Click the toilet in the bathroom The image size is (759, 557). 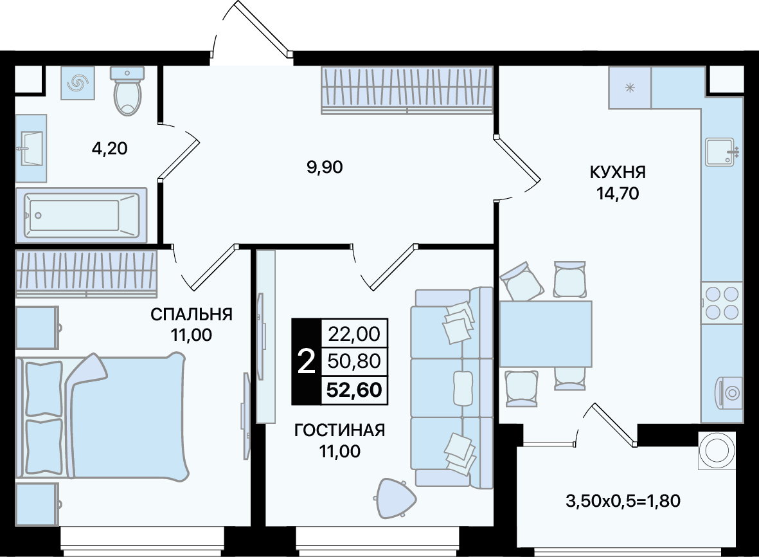pos(128,91)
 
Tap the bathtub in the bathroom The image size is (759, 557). pos(81,215)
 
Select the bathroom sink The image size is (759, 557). pos(31,148)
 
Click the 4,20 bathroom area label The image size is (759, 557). pos(109,148)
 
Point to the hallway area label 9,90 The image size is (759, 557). pos(325,167)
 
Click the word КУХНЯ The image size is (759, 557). pos(618,172)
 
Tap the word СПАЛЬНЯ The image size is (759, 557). pos(192,315)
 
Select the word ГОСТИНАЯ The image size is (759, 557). pos(339,430)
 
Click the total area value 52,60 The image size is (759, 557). pos(354,390)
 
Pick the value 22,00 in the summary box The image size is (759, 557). pos(354,334)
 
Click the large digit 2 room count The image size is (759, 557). pos(306,361)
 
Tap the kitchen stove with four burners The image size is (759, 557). pos(722,303)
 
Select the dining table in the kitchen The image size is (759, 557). pos(546,334)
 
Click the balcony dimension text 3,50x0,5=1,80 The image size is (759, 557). pos(623,500)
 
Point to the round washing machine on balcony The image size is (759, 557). pos(717,450)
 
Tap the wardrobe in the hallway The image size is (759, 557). pos(407,91)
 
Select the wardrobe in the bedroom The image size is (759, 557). pos(86,273)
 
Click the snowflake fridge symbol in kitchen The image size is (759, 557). pos(630,88)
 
